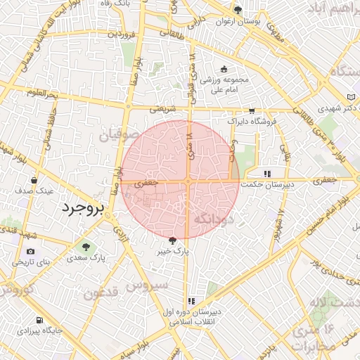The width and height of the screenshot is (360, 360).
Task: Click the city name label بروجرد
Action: pyautogui.click(x=82, y=208)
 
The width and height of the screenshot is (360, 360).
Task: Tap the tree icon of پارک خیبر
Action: pyautogui.click(x=183, y=240)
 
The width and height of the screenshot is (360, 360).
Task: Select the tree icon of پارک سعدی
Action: pyautogui.click(x=86, y=247)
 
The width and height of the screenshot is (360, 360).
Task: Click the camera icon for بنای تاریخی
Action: pyautogui.click(x=30, y=252)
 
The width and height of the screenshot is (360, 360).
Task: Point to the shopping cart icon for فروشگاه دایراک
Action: pyautogui.click(x=252, y=110)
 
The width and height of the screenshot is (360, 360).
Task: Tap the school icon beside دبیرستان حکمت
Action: pyautogui.click(x=266, y=174)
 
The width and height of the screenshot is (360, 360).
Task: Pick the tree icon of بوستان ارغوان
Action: pyautogui.click(x=238, y=11)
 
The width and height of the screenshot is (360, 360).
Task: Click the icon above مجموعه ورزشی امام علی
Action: pyautogui.click(x=224, y=69)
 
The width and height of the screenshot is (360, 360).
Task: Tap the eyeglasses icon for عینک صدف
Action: pyautogui.click(x=34, y=180)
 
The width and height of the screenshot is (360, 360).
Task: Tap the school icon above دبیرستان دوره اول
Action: pyautogui.click(x=191, y=301)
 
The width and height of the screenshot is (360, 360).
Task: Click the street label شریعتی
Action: pyautogui.click(x=163, y=109)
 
